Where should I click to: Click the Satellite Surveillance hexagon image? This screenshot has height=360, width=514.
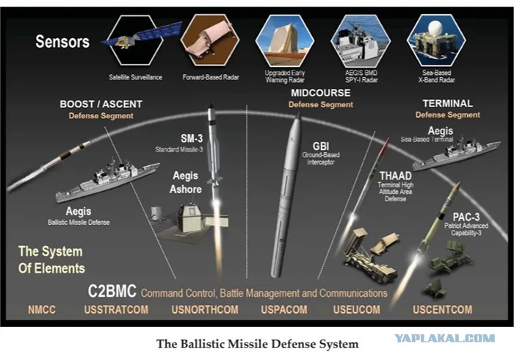click(x=135, y=40)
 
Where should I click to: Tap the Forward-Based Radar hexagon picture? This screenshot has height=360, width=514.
click(x=210, y=40)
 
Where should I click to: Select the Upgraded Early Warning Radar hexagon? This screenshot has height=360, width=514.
click(x=285, y=40)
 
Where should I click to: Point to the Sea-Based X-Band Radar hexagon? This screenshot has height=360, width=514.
click(x=436, y=40)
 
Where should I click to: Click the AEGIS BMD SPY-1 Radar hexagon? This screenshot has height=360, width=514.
click(x=361, y=40)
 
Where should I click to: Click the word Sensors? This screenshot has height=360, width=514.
click(x=62, y=42)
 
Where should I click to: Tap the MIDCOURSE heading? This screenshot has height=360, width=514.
click(x=321, y=93)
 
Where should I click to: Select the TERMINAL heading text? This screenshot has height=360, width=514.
click(x=447, y=104)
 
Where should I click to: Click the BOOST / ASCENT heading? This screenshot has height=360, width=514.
click(x=101, y=104)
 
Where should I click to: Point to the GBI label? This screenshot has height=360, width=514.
click(x=321, y=146)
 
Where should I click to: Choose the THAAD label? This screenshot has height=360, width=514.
click(x=396, y=176)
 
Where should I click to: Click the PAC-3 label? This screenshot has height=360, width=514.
click(x=466, y=217)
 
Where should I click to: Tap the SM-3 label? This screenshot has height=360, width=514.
click(x=192, y=138)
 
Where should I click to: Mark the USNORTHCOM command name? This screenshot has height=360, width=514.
click(x=205, y=309)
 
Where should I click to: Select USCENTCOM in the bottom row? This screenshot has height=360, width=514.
click(x=443, y=309)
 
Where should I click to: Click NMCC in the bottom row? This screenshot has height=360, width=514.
click(x=42, y=309)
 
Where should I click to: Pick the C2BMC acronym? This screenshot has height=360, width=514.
click(x=112, y=291)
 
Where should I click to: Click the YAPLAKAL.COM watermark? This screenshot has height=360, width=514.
click(x=444, y=338)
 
